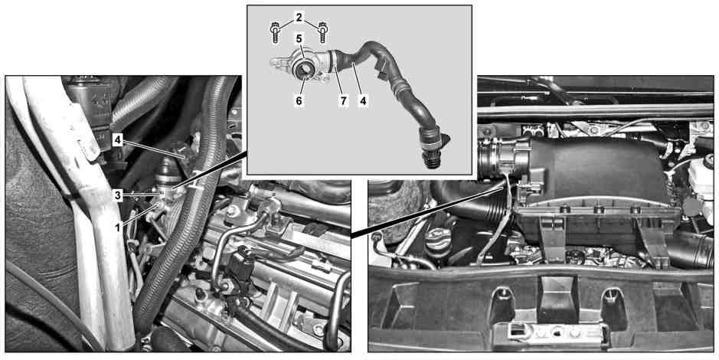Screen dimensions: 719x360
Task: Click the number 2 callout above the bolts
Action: [299, 18]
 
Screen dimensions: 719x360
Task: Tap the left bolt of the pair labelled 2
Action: [275, 32]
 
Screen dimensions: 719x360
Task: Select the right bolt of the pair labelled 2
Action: [322, 32]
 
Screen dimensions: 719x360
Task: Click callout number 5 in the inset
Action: [299, 38]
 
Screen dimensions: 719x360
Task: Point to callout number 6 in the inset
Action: [299, 100]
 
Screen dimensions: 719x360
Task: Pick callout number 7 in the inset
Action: [344, 100]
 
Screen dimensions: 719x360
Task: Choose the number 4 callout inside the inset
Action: [363, 100]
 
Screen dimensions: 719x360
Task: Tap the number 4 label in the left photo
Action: [118, 140]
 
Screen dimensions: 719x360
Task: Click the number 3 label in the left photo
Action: [118, 195]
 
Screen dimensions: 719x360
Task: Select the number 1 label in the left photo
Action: [118, 226]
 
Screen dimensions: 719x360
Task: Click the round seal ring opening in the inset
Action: [303, 70]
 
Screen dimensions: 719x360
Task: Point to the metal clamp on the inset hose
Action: [333, 62]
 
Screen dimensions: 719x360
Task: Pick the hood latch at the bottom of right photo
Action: [551, 332]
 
